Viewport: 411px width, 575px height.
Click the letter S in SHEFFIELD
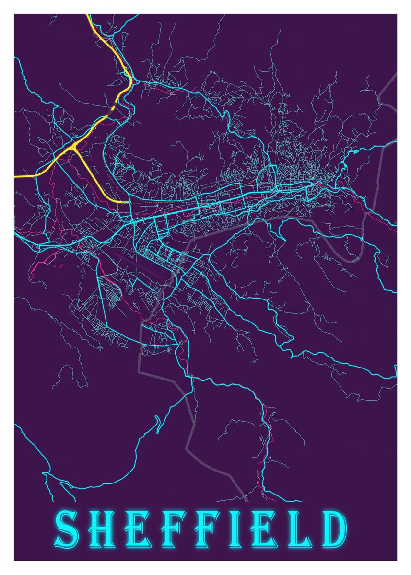(x=67, y=529)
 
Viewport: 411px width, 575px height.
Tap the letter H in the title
(x=102, y=529)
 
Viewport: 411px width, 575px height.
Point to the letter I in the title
(x=238, y=529)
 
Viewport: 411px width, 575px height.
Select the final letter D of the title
(x=334, y=529)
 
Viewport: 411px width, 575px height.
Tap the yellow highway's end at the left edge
(x=16, y=177)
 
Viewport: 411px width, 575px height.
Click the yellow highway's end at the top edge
(x=88, y=15)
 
